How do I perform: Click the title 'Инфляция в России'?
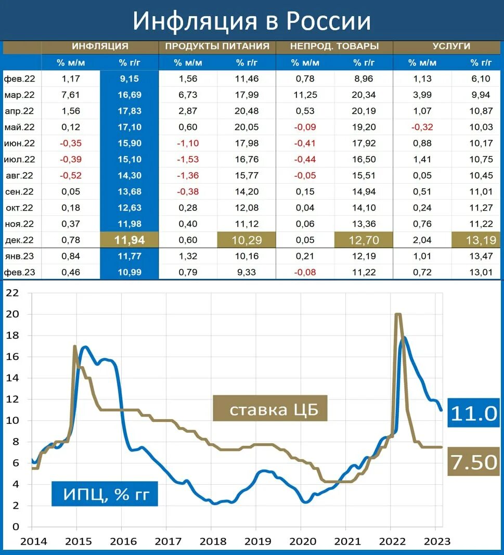[x=252, y=21]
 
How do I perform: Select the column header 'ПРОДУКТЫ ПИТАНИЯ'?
[x=217, y=46]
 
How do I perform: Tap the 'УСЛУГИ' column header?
[x=451, y=46]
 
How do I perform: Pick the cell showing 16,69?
[x=130, y=96]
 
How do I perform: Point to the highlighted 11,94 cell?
[x=130, y=240]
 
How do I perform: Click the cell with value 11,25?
[x=304, y=96]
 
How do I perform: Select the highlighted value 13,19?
[x=473, y=240]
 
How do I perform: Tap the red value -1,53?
[x=188, y=160]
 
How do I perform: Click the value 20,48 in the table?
[x=247, y=112]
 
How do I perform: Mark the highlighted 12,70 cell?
[x=364, y=240]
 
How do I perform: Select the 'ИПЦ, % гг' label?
[x=104, y=494]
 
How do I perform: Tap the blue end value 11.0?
[x=474, y=413]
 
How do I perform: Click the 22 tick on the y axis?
[x=11, y=293]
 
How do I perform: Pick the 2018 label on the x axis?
[x=211, y=541]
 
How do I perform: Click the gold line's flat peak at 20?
[x=398, y=314]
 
